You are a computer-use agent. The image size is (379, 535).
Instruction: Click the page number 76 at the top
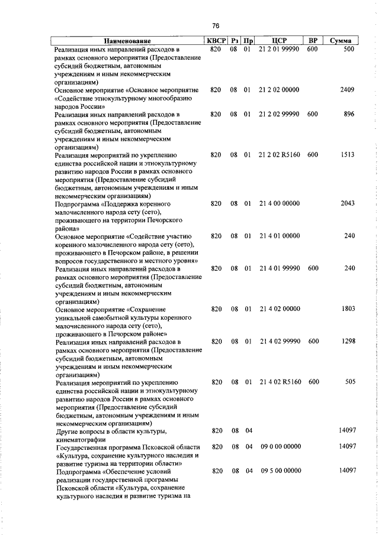pyautogui.click(x=216, y=25)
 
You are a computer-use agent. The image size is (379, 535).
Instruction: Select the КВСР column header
pyautogui.click(x=216, y=41)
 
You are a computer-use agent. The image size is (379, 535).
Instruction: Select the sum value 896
pyautogui.click(x=348, y=114)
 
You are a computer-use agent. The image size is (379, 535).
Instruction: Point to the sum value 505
pyautogui.click(x=349, y=382)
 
